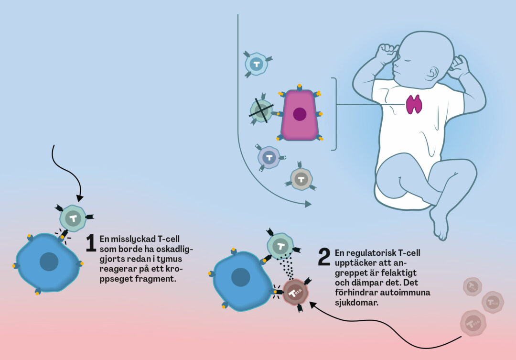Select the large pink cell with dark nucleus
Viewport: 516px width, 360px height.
tap(300, 115)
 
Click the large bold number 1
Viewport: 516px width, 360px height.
tap(91, 243)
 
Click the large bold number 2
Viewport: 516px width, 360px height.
tap(324, 258)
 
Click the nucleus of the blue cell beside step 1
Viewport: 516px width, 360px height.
tap(49, 262)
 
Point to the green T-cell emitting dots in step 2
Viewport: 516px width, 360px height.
tap(281, 247)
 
